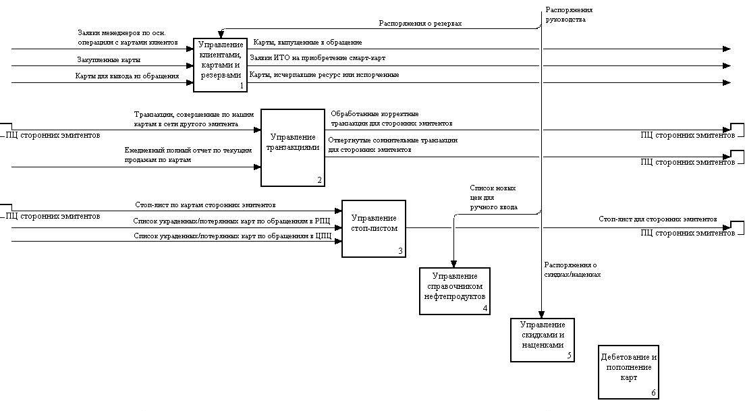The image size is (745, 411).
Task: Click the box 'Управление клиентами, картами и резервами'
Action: click(x=220, y=65)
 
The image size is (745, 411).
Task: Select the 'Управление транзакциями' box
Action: click(x=293, y=147)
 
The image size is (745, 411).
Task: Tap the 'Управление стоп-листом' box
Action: click(x=373, y=228)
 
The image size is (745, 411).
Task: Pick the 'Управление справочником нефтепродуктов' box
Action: click(x=454, y=290)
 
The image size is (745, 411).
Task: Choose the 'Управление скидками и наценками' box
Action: click(x=542, y=339)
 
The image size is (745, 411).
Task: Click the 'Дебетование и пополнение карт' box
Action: click(x=628, y=372)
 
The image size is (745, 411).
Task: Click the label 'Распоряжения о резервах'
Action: click(x=420, y=23)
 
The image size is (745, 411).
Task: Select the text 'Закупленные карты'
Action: click(x=108, y=60)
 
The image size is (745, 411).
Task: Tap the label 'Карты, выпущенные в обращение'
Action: click(x=307, y=43)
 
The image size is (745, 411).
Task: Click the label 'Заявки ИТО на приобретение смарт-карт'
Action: click(x=317, y=59)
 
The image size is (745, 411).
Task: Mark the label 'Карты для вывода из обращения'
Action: click(x=127, y=76)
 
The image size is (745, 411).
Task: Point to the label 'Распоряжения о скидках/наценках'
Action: click(x=572, y=270)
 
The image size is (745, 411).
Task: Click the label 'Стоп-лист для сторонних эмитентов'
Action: click(x=657, y=219)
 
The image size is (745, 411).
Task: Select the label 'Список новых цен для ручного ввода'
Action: click(x=493, y=197)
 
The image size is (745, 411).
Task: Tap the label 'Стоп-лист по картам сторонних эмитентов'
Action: click(x=205, y=204)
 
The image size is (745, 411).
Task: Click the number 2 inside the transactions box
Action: click(x=320, y=180)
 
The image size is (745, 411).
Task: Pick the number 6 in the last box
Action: click(x=653, y=393)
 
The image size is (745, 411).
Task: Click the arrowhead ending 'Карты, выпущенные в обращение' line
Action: click(x=726, y=49)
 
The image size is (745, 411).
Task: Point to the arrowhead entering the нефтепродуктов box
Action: click(x=453, y=264)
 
